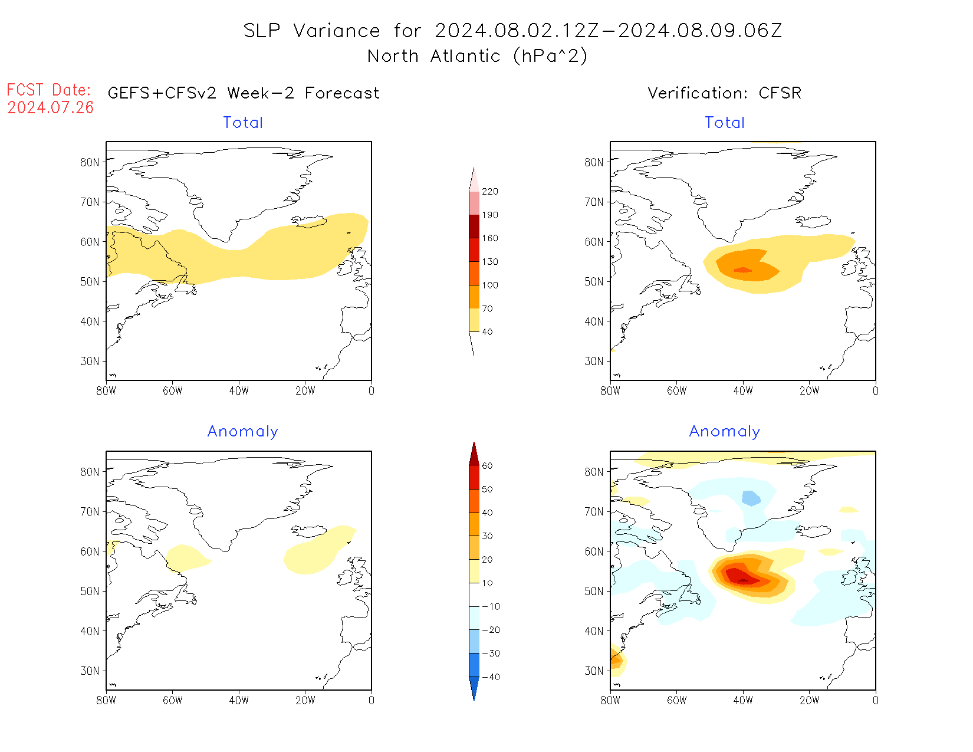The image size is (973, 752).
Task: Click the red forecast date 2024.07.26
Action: (x=51, y=107)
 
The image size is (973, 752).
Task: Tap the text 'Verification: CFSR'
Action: (x=724, y=93)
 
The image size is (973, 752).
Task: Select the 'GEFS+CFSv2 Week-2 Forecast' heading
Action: (x=244, y=93)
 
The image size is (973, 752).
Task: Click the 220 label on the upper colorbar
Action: (x=489, y=192)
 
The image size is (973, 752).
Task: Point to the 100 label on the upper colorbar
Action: (x=489, y=285)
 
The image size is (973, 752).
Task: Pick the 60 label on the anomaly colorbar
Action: (x=487, y=466)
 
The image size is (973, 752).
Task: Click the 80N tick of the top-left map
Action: (x=90, y=162)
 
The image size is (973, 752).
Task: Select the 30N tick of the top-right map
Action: (x=594, y=361)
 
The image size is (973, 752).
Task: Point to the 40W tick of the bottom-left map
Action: (x=239, y=701)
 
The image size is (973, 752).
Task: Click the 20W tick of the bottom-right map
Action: (x=809, y=701)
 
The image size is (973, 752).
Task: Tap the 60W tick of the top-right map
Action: (x=676, y=390)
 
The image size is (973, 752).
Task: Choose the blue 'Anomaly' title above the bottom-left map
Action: (x=242, y=432)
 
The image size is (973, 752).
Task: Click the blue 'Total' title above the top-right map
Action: (x=725, y=123)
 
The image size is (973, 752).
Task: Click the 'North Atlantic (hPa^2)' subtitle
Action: (x=477, y=56)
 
